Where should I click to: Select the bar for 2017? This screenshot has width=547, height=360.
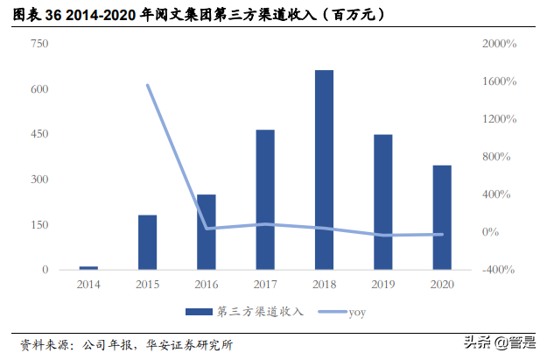tap(265, 199)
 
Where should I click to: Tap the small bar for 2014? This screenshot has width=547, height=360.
tap(88, 267)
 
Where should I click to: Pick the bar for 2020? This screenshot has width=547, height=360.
tap(442, 216)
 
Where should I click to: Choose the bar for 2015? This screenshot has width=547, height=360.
tap(147, 242)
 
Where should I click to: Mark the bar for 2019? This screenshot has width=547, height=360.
tap(383, 201)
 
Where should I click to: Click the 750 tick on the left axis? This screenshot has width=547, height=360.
tap(39, 44)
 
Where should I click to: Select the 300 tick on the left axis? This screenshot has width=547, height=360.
tap(39, 180)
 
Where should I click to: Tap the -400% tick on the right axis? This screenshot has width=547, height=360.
tap(500, 270)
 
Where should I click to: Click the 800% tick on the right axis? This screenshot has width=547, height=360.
tap(500, 157)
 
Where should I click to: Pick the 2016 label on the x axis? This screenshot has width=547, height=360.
tap(207, 285)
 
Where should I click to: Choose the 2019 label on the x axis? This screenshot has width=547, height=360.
tap(383, 285)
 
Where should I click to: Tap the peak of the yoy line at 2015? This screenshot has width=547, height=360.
tap(147, 85)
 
